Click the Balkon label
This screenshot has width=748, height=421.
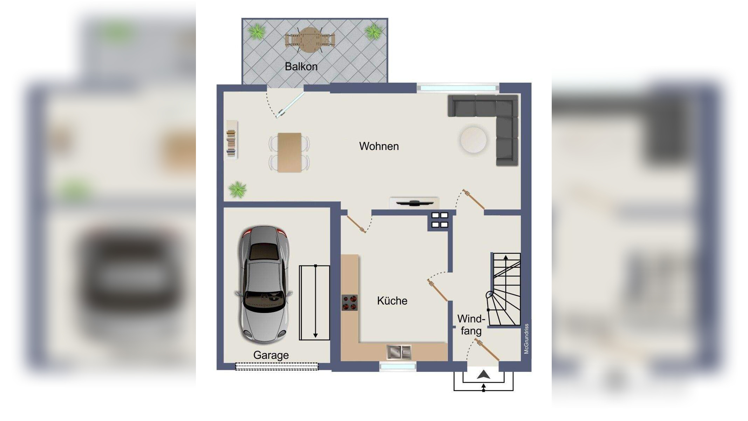[301, 66]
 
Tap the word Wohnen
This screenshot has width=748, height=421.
[379, 146]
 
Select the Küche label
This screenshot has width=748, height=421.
[392, 301]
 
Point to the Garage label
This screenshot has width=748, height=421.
[271, 355]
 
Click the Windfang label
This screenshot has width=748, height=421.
[471, 325]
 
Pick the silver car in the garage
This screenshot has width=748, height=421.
[264, 285]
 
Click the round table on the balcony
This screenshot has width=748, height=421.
[309, 40]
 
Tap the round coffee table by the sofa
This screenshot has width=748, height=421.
[473, 140]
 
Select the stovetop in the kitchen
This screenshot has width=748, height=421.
[350, 302]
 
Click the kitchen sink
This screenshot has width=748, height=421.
[399, 352]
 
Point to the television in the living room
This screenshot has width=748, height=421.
[414, 202]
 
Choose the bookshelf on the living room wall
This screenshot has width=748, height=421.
[232, 140]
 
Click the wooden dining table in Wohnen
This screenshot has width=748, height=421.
[290, 152]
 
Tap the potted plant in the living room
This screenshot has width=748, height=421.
[238, 190]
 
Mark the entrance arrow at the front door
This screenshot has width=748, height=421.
[483, 375]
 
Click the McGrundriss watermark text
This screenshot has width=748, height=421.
[526, 339]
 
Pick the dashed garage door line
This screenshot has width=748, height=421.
[277, 366]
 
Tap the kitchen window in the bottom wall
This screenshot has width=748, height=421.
[398, 367]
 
